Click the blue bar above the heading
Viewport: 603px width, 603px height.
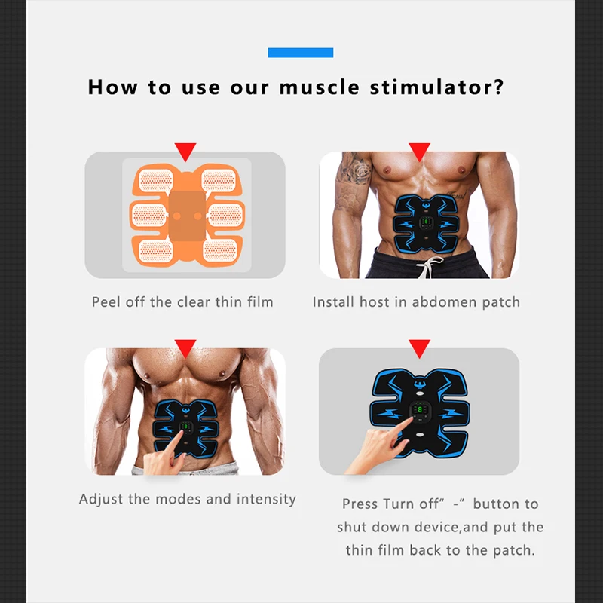click(x=300, y=53)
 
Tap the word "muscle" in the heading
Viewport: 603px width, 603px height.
click(x=320, y=87)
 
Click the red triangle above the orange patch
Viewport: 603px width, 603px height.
click(x=185, y=151)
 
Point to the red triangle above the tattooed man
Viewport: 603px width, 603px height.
click(x=419, y=151)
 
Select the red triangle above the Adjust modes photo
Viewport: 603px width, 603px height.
click(x=185, y=348)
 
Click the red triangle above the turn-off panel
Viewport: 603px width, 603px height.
click(x=419, y=348)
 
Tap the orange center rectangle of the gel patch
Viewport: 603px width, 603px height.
click(x=185, y=215)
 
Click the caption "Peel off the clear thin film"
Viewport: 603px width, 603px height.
click(x=182, y=302)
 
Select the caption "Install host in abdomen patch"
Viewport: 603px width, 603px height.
click(x=416, y=302)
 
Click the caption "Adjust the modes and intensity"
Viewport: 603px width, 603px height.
click(x=188, y=499)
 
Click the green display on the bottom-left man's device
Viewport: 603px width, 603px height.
click(x=185, y=430)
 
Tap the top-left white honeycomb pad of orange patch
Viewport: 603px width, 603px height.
click(x=156, y=180)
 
